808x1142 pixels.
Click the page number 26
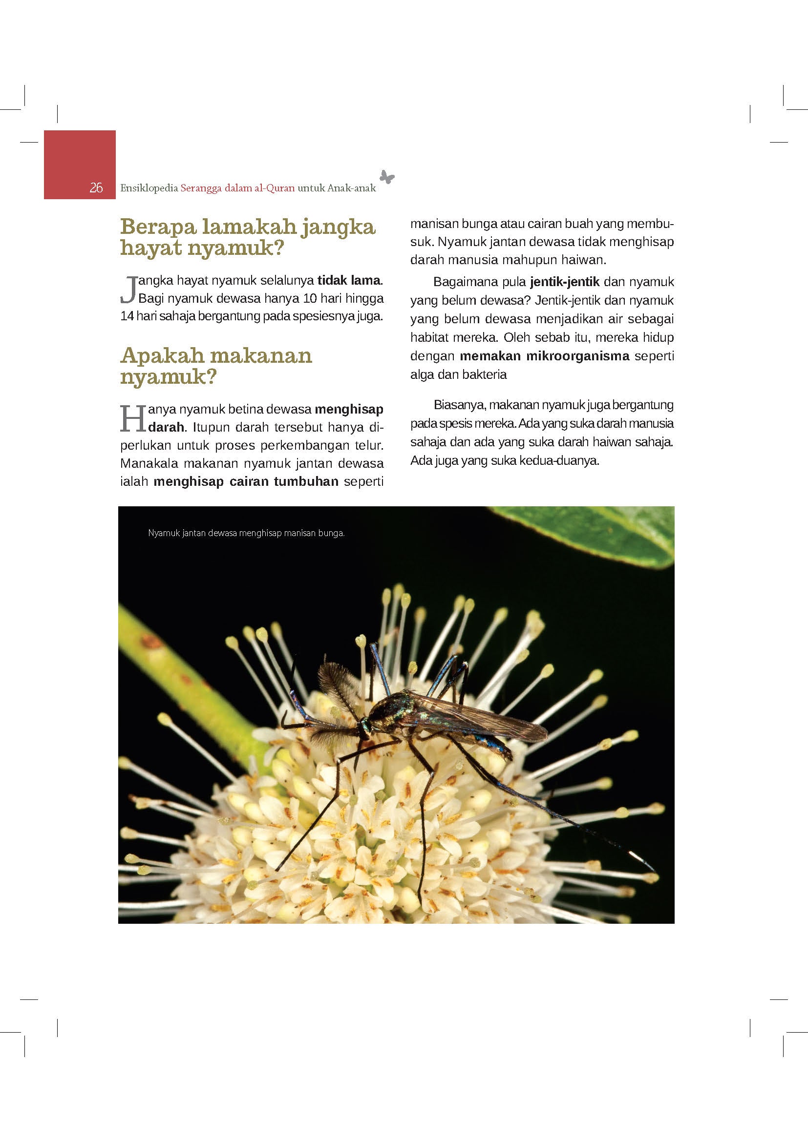[x=96, y=187]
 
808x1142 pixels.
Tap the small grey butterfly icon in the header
[x=386, y=177]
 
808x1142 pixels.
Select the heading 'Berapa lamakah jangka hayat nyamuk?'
[x=247, y=237]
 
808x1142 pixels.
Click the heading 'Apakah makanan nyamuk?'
[x=216, y=366]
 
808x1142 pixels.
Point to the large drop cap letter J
[x=129, y=290]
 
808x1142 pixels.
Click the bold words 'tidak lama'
[x=349, y=281]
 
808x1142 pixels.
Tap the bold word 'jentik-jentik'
[x=565, y=282]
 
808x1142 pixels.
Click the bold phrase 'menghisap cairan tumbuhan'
[x=246, y=481]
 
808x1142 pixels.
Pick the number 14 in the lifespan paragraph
[x=127, y=316]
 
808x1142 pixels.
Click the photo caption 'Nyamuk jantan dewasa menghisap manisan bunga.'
[x=246, y=533]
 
